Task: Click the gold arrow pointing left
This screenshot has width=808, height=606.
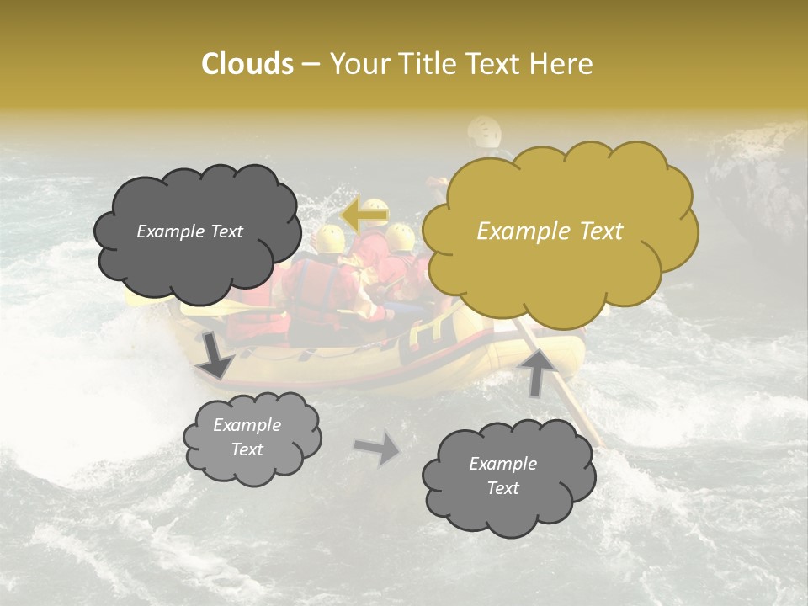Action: coord(365,216)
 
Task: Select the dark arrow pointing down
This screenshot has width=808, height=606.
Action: coord(215,354)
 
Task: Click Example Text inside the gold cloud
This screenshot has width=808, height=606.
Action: coord(550,231)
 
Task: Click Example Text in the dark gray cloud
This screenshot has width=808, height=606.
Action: coord(189,231)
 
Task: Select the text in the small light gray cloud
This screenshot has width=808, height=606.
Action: coord(247,437)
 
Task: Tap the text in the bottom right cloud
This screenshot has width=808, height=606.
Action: coord(502,476)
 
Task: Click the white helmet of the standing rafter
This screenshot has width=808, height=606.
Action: coord(484,130)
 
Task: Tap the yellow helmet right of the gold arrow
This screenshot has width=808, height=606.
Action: coord(401,237)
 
